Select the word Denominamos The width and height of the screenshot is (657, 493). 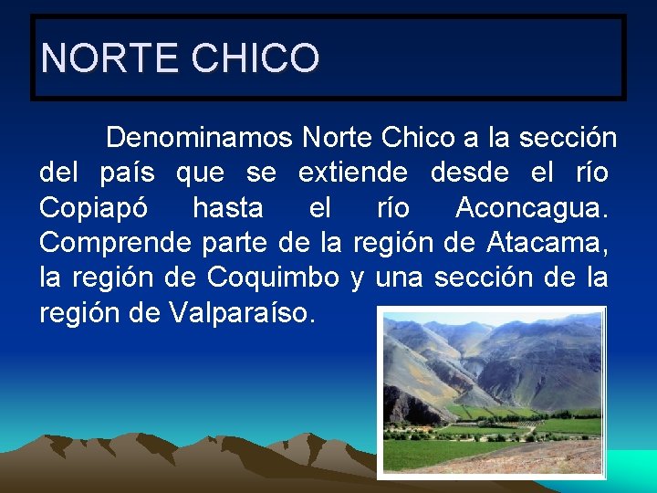pyautogui.click(x=199, y=138)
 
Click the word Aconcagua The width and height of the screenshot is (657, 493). pyautogui.click(x=530, y=208)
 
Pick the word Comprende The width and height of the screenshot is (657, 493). pyautogui.click(x=112, y=244)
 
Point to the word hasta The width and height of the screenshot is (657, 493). pyautogui.click(x=227, y=208)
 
